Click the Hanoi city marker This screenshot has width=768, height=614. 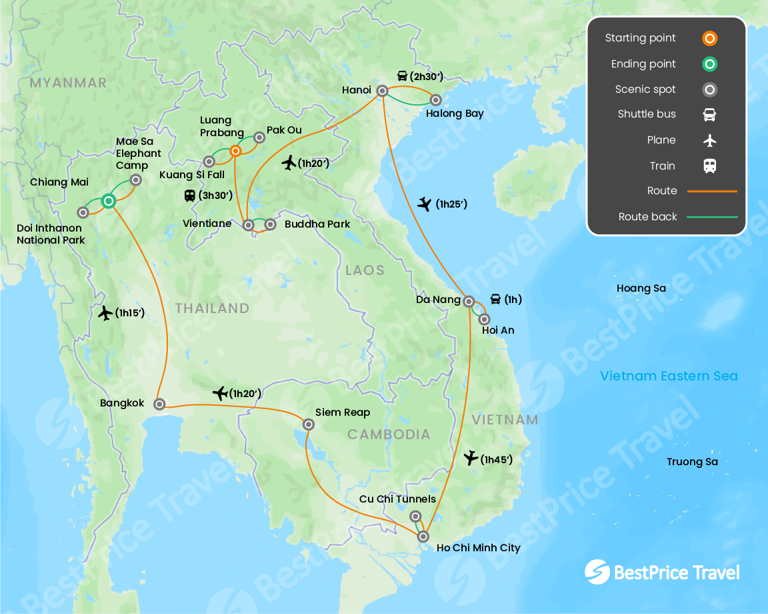pos(383,91)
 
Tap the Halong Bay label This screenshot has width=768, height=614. pos(455,113)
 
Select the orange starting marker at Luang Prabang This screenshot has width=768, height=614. pos(235,151)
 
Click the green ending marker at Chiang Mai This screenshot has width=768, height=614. pos(109,201)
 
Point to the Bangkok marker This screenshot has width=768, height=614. pos(159,404)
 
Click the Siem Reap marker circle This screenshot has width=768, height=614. pos(308,424)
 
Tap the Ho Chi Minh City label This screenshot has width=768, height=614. pos(478,548)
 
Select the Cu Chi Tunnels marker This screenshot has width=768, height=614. pos(415,516)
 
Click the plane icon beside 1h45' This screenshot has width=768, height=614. pos(471,458)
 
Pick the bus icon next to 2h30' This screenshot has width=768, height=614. pos(402,76)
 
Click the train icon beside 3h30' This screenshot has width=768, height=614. pos(190,196)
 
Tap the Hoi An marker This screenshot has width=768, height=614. pos(484,319)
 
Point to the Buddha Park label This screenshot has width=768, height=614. pos(317,224)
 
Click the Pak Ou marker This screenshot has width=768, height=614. pos(259,137)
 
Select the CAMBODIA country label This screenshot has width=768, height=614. pos(389,434)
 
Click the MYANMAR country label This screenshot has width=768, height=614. pos(68,83)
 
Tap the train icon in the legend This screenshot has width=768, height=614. pos(710,166)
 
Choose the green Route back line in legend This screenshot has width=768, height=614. pos(712,217)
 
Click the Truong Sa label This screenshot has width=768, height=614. pos(692,462)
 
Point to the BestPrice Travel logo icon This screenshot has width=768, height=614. pos(597,572)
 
